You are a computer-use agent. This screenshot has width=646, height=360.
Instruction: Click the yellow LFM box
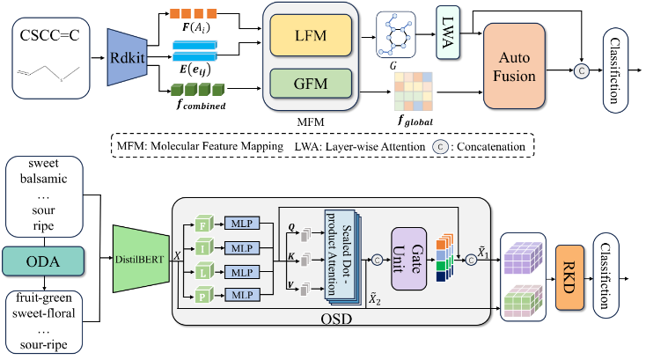[x=311, y=35]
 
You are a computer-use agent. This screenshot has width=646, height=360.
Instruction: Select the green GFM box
[x=311, y=84]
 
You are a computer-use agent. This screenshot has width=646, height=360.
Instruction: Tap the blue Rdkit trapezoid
[x=128, y=57]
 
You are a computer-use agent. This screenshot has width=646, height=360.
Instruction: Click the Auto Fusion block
[x=514, y=66]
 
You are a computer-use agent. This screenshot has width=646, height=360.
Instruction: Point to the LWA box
[x=448, y=33]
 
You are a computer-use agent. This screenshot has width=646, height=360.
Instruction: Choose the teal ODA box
[x=43, y=261]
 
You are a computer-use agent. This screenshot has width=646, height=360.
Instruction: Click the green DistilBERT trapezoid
[x=141, y=259]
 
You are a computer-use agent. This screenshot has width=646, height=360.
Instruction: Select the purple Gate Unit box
[x=408, y=259]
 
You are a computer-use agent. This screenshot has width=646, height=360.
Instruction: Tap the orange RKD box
[x=569, y=277]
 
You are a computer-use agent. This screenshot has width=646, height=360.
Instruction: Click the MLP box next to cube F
[x=242, y=224]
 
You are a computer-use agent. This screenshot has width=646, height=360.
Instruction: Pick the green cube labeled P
[x=203, y=296]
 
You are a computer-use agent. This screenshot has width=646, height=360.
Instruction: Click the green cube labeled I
[x=203, y=248]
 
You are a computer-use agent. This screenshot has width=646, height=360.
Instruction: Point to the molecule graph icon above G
[x=396, y=35]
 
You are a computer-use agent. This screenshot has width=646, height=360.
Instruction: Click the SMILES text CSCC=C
[x=50, y=35]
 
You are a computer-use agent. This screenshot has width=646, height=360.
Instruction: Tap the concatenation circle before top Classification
[x=582, y=70]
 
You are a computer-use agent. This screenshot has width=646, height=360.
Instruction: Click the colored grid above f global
[x=414, y=92]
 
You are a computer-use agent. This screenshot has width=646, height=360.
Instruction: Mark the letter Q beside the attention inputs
[x=291, y=227]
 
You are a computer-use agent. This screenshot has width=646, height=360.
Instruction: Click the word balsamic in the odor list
[x=44, y=179]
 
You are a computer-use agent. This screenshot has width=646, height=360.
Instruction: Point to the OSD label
[x=336, y=319]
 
